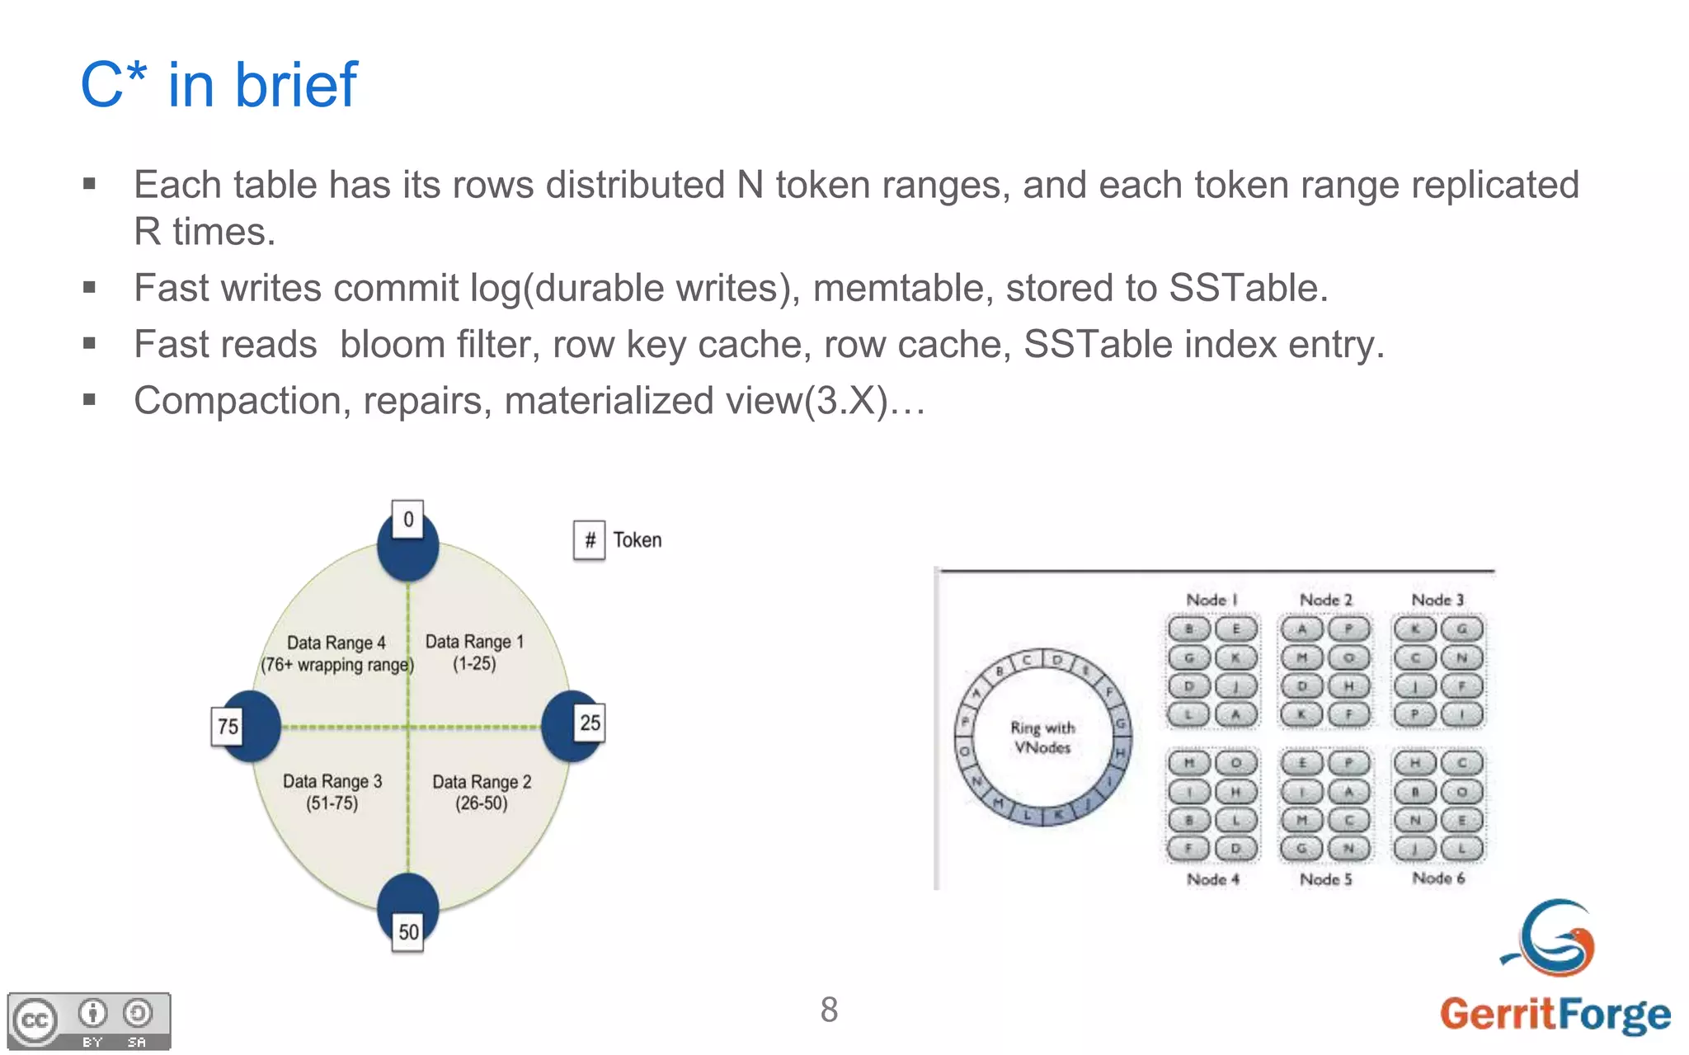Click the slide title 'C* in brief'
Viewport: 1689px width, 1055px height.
point(219,85)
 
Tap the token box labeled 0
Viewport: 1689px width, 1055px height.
point(407,520)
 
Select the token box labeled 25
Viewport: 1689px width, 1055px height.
point(590,723)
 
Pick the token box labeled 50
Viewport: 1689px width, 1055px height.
point(408,932)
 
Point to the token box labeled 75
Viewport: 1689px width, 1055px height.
point(228,726)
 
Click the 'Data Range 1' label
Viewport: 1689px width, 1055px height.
point(474,642)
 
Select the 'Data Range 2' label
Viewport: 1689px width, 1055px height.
point(482,782)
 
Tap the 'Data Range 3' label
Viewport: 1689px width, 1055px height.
point(332,781)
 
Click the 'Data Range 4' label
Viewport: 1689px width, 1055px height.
point(336,643)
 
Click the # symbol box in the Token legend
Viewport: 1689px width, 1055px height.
point(590,540)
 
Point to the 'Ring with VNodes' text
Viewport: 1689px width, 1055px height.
point(1042,737)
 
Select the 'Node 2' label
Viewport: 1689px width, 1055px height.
point(1325,600)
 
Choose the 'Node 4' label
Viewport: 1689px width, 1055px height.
point(1212,879)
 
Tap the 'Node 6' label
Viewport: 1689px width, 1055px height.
point(1438,878)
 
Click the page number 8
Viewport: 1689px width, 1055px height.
point(829,1010)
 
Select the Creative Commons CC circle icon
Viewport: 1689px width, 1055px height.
point(35,1021)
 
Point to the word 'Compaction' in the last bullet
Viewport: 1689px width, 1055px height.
point(238,401)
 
